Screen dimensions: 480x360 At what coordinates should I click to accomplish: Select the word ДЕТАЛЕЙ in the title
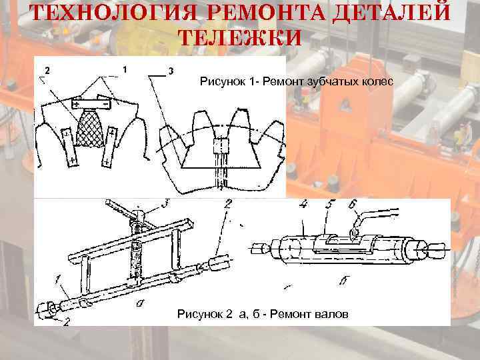[391, 13]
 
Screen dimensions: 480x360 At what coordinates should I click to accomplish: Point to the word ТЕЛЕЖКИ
[240, 37]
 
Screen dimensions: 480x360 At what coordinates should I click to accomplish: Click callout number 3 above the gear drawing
[171, 71]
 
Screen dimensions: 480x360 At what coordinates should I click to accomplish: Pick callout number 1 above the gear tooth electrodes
[125, 70]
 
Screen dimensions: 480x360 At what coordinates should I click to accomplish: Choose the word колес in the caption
[377, 82]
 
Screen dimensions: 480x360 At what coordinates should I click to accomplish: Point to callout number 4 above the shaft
[303, 205]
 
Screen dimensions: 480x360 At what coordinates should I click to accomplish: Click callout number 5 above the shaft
[330, 204]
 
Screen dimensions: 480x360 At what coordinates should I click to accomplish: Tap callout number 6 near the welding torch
[353, 204]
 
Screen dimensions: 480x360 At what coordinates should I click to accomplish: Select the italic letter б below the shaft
[344, 281]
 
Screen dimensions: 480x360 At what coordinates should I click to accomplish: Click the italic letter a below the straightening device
[140, 303]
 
